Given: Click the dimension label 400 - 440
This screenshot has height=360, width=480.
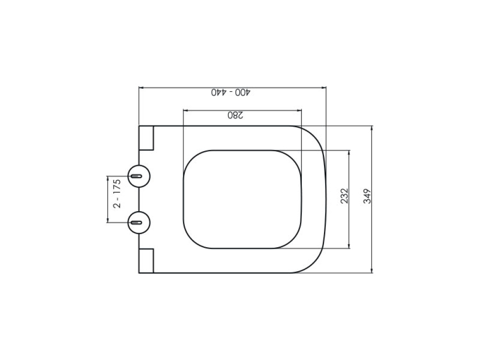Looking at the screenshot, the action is pyautogui.click(x=230, y=92).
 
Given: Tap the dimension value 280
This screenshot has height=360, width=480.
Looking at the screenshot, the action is pyautogui.click(x=235, y=115).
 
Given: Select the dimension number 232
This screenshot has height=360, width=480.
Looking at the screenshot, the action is pyautogui.click(x=344, y=196).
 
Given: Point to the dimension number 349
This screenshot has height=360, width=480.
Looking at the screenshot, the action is pyautogui.click(x=367, y=196).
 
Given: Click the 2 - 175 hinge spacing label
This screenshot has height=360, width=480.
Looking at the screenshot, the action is pyautogui.click(x=117, y=194).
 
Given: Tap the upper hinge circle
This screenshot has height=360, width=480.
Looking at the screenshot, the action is pyautogui.click(x=139, y=176).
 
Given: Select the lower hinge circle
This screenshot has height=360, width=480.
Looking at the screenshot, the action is pyautogui.click(x=139, y=222).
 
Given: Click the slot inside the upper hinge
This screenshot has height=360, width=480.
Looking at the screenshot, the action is pyautogui.click(x=136, y=176).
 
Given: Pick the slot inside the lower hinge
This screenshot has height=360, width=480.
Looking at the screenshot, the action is pyautogui.click(x=136, y=222).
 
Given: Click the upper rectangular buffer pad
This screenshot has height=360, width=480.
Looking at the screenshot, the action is pyautogui.click(x=146, y=138).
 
